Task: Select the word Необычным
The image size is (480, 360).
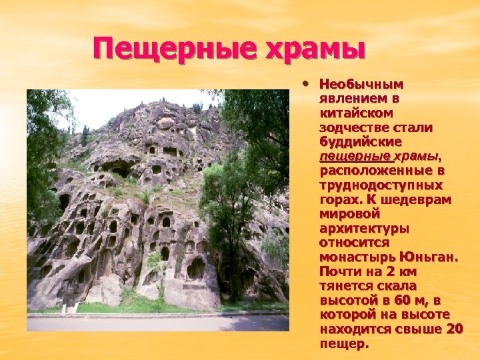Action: (x=361, y=85)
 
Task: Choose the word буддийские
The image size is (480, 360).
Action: (x=361, y=141)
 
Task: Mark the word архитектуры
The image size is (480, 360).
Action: (x=364, y=228)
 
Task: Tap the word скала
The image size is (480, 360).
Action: (x=383, y=286)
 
